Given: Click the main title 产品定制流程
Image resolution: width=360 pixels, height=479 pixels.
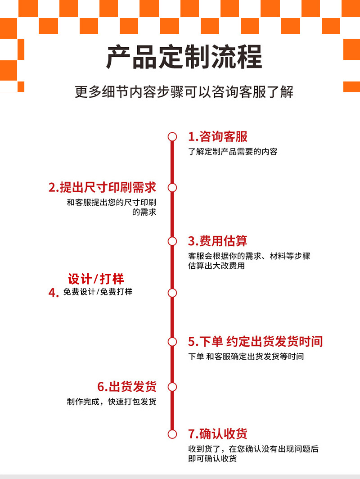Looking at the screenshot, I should [184, 57].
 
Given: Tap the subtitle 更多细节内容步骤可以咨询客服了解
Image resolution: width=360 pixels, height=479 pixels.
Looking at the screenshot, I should [184, 92].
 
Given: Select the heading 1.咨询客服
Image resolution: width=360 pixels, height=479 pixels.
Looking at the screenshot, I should [218, 137].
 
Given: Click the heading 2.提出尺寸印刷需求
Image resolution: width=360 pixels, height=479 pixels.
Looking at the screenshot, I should [102, 187].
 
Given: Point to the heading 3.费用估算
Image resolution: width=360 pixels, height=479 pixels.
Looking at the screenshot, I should [218, 241].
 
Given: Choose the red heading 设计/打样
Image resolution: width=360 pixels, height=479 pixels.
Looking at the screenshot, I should [96, 279].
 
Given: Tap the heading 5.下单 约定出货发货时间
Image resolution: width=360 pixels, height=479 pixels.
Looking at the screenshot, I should [255, 341].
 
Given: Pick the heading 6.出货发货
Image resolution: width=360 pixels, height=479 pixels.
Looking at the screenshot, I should [127, 387].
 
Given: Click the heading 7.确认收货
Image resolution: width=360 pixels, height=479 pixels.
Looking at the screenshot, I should [218, 434].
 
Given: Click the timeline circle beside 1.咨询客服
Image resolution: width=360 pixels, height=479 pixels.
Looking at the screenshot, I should [172, 136].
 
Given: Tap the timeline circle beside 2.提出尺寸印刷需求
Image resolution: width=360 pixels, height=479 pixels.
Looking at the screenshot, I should [172, 187].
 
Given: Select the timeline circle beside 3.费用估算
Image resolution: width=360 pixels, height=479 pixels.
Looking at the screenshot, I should [172, 241].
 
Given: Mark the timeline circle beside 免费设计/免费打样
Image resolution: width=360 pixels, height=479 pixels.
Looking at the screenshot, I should [172, 293].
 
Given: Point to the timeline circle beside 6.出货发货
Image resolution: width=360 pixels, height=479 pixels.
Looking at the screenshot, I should [172, 387].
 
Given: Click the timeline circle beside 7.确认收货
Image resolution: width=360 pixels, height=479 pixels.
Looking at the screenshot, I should [172, 434].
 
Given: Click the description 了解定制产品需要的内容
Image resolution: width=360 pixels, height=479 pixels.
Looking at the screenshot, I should [233, 152].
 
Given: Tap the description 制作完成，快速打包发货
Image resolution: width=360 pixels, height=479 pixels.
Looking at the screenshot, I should [111, 402].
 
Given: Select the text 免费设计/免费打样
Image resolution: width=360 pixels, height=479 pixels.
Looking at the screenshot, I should [98, 292].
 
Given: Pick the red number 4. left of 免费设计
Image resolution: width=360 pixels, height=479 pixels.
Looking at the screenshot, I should [54, 293].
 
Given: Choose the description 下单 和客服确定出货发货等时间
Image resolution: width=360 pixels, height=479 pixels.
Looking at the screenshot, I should [246, 357].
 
